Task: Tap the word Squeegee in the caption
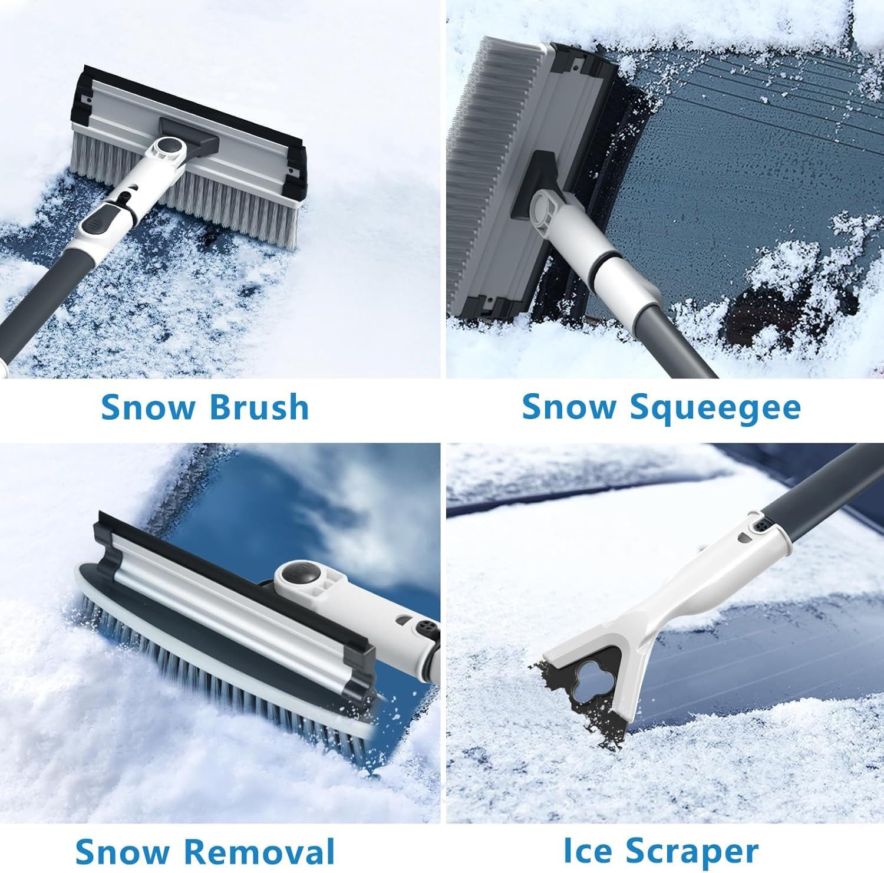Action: (x=716, y=409)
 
